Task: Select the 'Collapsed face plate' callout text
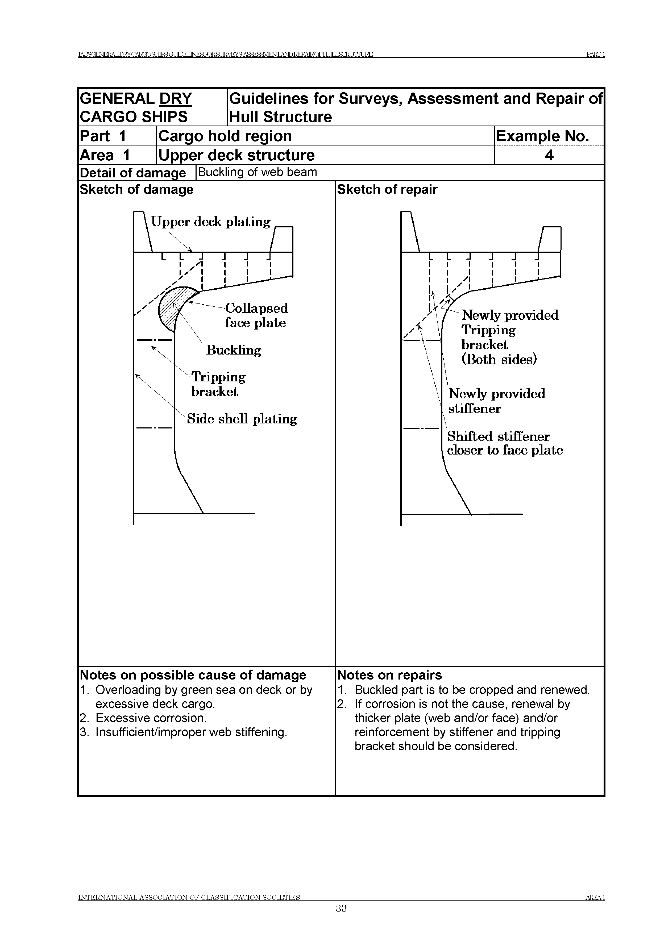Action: click(256, 315)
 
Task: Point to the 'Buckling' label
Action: click(234, 350)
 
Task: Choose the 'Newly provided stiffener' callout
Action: click(497, 401)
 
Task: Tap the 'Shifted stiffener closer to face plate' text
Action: click(505, 443)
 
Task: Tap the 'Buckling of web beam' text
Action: click(257, 172)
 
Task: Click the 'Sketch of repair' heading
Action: click(387, 190)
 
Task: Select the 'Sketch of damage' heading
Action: click(136, 190)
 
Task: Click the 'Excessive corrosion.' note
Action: click(151, 718)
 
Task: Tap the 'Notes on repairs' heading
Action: click(389, 675)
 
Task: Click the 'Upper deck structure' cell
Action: click(236, 155)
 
